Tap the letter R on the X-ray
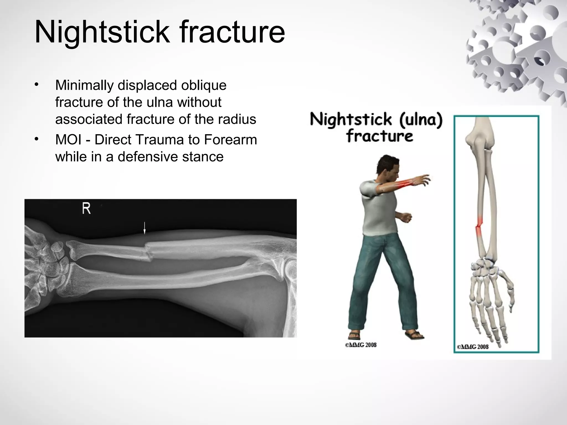pos(86,209)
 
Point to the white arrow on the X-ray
pos(144,228)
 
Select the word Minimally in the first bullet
pos(84,85)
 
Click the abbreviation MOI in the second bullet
pos(68,140)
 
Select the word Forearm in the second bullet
pos(230,140)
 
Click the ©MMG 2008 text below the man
pos(361,345)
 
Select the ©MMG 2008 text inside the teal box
pos(473,347)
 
